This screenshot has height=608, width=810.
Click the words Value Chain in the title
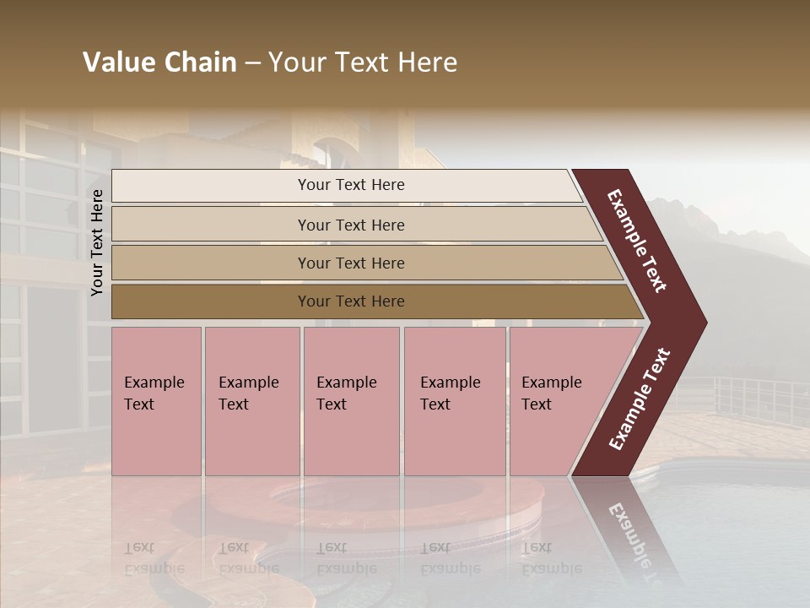(159, 62)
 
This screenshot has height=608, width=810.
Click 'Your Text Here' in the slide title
(363, 62)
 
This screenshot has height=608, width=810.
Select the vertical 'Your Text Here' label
(98, 242)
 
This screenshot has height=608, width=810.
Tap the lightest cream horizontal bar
(346, 185)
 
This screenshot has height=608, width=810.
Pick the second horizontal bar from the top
(354, 225)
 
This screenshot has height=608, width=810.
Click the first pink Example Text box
(156, 401)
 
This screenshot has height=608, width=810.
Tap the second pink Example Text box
(251, 401)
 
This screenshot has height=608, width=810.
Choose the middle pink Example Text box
(351, 401)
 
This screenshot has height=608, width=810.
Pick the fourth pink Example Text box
(455, 401)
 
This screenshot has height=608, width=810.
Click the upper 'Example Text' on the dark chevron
(637, 241)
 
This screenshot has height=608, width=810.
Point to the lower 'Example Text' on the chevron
(640, 399)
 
